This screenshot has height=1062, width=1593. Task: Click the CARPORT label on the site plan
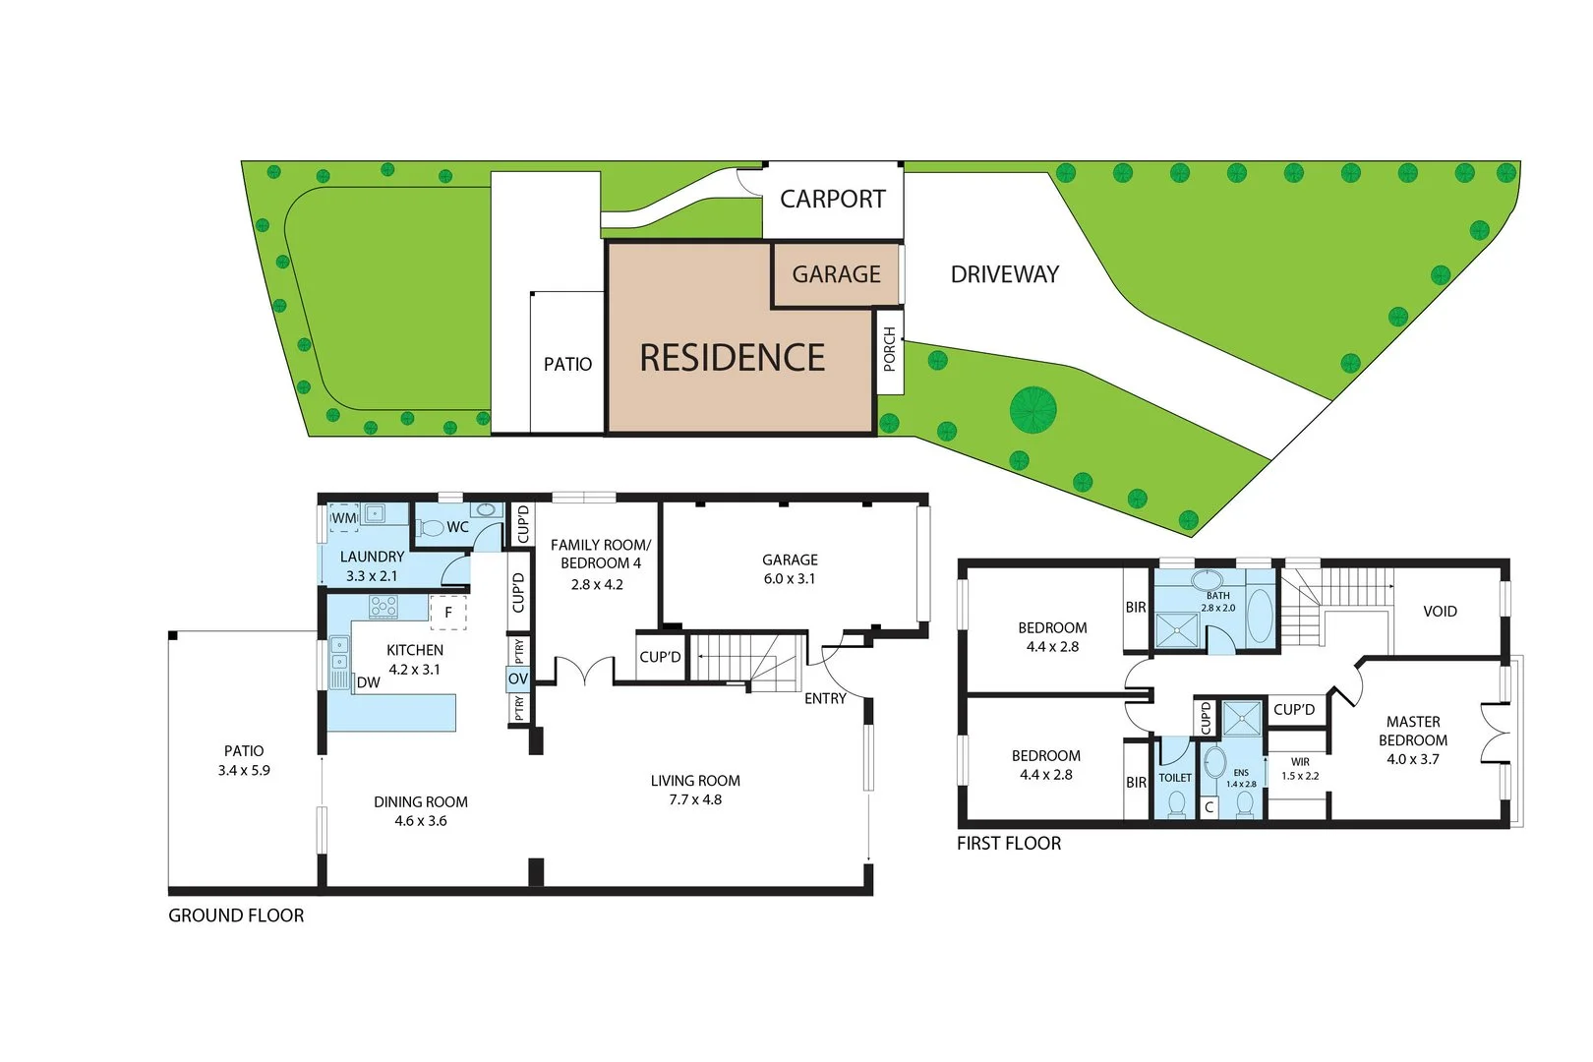click(832, 200)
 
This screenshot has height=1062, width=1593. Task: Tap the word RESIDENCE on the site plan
click(733, 358)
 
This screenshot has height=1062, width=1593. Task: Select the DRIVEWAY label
click(1004, 274)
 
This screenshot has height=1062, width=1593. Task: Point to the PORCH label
click(889, 350)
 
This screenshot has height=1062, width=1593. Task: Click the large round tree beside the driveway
click(1032, 409)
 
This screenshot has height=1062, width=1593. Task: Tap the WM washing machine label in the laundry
click(344, 518)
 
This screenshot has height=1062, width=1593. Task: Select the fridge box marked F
click(448, 613)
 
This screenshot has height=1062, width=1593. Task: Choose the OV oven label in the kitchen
click(518, 678)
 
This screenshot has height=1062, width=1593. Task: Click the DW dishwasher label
click(369, 682)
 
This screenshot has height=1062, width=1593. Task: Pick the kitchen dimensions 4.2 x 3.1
click(415, 670)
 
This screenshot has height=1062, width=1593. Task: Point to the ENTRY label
click(825, 698)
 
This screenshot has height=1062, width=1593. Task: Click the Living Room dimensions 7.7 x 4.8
click(695, 799)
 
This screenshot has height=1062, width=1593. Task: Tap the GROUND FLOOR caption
click(236, 915)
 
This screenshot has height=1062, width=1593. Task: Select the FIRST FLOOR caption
click(1009, 844)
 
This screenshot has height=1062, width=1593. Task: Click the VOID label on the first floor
click(1440, 612)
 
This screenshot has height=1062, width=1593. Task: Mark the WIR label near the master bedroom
click(1300, 762)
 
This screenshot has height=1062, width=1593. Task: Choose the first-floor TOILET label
click(1175, 778)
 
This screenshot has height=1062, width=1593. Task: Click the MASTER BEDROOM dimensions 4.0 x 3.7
click(1413, 759)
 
